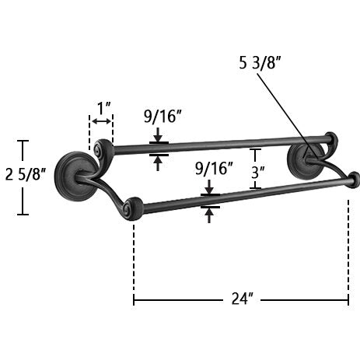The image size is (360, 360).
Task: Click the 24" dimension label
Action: [242, 299]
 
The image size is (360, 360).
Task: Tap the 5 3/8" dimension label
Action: [260, 63]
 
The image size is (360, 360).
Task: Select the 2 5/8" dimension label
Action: [26, 174]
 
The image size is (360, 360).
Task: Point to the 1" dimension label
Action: [104, 108]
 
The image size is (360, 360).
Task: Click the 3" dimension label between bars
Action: [258, 173]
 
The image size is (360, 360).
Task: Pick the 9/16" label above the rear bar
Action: [163, 116]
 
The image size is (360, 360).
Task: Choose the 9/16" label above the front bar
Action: [214, 168]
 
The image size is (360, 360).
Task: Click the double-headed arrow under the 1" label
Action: [101, 121]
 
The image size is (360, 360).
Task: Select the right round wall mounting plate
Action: [306, 161]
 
